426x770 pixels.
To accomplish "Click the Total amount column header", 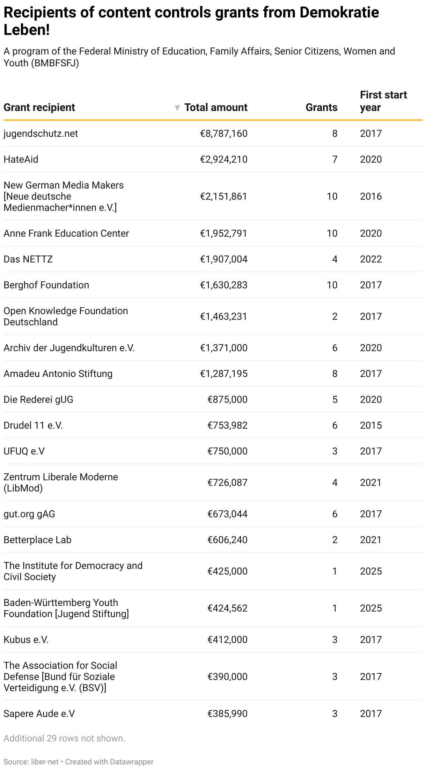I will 216,108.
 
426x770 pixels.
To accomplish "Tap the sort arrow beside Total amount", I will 177,108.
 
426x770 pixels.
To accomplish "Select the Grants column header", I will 321,108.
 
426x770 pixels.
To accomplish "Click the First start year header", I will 383,101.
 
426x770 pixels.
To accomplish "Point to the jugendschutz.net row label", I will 41,134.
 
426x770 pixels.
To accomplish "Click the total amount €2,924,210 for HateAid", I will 223,160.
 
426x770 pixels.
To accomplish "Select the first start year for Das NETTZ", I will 371,259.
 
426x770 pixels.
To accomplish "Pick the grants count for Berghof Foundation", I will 332,285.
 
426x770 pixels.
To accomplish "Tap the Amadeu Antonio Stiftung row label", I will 58,374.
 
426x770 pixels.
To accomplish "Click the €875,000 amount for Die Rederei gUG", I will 227,400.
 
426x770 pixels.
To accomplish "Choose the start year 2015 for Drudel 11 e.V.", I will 371,425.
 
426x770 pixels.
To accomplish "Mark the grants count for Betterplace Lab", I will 335,540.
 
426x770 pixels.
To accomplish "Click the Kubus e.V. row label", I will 26,640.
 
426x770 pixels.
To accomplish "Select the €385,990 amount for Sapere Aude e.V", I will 227,714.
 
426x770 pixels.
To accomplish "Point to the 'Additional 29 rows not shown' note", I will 64,739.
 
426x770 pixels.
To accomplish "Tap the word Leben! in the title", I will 27,30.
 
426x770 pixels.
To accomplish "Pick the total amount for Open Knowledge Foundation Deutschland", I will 223,317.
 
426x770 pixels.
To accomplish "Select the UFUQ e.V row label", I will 24,451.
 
